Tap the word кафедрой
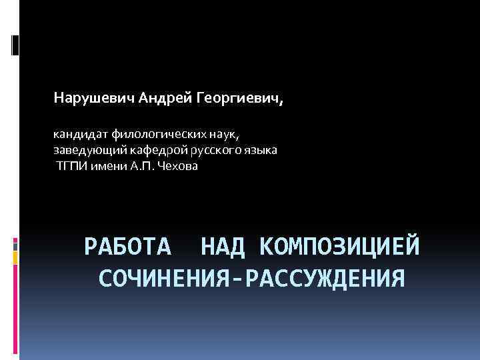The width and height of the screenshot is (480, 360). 151,150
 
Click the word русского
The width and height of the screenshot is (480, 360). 211,150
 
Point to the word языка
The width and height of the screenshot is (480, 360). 260,150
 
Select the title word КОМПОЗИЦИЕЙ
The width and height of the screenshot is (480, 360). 340,247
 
